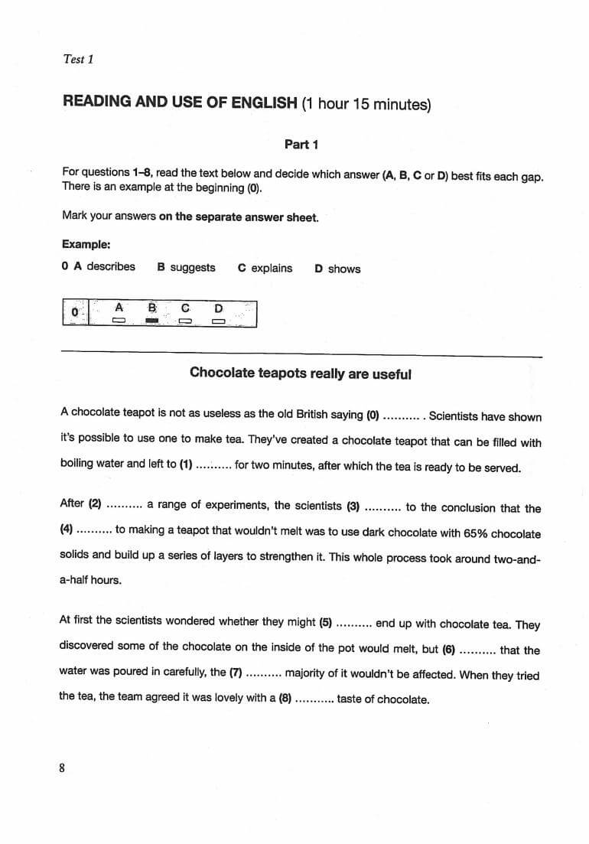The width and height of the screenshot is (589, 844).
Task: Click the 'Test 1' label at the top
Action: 78,59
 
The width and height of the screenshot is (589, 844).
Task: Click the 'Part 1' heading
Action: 301,144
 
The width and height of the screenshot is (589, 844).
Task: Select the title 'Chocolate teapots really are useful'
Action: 300,373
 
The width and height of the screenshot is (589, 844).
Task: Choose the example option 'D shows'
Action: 337,269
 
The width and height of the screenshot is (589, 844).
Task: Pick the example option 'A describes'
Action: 99,267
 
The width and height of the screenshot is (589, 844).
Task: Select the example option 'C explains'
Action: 265,268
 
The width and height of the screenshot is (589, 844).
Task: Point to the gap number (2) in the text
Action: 96,503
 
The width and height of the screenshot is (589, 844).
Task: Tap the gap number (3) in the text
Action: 353,506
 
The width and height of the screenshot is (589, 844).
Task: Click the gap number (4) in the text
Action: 68,530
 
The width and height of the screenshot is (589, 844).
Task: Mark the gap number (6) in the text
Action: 449,650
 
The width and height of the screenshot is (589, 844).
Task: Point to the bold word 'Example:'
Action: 86,245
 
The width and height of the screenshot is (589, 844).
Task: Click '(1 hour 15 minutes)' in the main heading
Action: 366,103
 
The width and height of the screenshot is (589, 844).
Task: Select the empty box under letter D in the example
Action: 219,321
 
